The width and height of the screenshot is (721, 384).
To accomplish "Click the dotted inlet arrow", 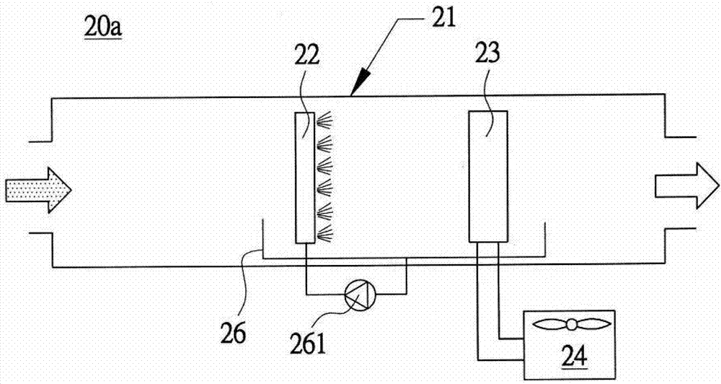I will pos(38,190).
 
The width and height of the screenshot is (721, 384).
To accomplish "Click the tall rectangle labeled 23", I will pos(488,177).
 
